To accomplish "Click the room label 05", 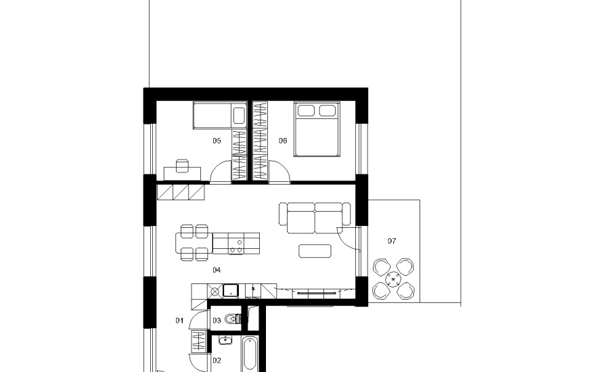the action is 217,141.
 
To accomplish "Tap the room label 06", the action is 283,141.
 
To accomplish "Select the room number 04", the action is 217,270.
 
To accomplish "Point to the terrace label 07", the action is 392,241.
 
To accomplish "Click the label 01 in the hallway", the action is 179,321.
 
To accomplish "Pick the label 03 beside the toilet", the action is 217,321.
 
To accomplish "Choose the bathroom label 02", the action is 217,361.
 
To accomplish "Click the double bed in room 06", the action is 317,129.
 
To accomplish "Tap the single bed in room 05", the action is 220,116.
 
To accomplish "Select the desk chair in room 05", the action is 182,166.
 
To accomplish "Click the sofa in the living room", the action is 315,218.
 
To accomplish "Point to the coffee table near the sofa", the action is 315,251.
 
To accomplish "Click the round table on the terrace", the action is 393,279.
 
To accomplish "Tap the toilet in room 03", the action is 233,319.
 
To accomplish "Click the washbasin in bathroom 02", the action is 225,340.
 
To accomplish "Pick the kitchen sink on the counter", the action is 230,290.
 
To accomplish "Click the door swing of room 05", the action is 215,167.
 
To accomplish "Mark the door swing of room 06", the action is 285,167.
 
